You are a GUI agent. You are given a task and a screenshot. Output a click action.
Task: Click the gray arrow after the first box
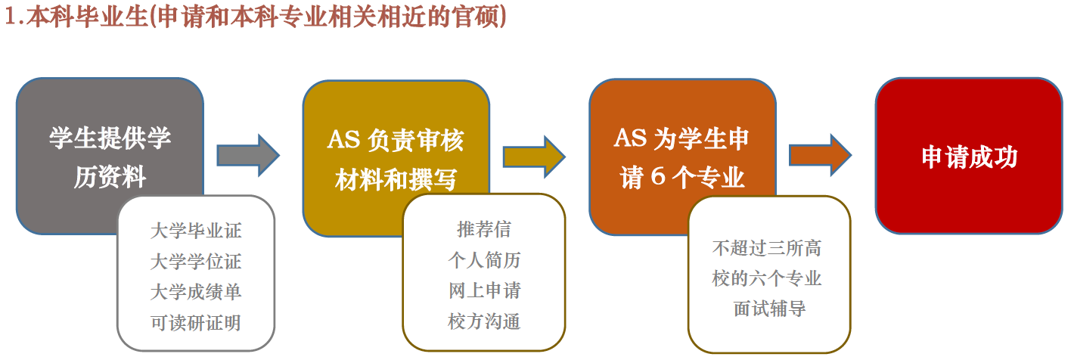(248, 155)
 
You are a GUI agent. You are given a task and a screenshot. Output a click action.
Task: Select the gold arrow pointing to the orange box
(534, 157)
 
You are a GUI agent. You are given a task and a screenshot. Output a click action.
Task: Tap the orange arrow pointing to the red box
(820, 155)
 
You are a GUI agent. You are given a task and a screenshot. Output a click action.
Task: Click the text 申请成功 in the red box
(969, 157)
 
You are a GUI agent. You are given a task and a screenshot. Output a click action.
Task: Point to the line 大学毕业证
(196, 231)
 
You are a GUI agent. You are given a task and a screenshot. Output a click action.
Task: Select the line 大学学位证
(196, 262)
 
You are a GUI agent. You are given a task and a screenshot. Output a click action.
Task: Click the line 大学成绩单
(196, 292)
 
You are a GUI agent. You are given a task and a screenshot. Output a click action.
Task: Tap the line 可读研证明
(196, 323)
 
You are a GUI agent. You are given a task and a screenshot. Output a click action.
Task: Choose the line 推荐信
(484, 229)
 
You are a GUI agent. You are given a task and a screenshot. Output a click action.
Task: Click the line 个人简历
(484, 260)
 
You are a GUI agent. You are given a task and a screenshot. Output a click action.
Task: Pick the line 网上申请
(484, 290)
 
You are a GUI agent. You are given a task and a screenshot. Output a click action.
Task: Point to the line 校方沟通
(484, 321)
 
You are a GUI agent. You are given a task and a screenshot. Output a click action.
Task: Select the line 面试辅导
(769, 309)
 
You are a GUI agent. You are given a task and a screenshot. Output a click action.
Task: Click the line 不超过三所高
(766, 248)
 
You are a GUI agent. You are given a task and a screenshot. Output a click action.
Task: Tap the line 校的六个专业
(766, 278)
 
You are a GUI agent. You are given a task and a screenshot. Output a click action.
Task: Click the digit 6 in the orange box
(658, 176)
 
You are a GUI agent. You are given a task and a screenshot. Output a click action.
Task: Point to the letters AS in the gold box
(343, 140)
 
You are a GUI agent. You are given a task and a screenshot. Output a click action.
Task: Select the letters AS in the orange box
(630, 138)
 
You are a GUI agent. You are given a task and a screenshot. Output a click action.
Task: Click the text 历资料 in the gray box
(110, 178)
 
